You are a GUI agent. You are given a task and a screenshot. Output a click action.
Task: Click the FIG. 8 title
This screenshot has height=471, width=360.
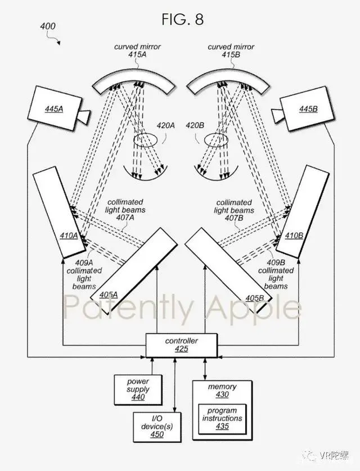pyautogui.click(x=182, y=20)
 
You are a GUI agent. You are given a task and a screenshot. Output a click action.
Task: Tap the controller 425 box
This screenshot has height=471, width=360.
pyautogui.click(x=181, y=345)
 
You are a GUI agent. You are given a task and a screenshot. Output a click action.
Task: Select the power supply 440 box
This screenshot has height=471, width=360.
pyautogui.click(x=138, y=390)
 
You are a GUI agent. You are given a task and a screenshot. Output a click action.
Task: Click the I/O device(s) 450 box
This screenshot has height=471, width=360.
pyautogui.click(x=157, y=427)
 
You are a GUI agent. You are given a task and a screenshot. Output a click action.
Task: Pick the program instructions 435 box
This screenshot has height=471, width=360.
pyautogui.click(x=222, y=418)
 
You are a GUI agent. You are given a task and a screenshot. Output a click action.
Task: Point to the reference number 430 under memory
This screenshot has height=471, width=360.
pyautogui.click(x=222, y=395)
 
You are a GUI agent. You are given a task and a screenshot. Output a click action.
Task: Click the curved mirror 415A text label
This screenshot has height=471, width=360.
pyautogui.click(x=137, y=51)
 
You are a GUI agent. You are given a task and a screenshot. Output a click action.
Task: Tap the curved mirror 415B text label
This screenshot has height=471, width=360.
pyautogui.click(x=231, y=51)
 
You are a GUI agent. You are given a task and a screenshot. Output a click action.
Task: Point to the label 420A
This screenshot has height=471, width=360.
pyautogui.click(x=165, y=125)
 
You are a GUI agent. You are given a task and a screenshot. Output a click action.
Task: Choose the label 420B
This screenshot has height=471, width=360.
pyautogui.click(x=195, y=125)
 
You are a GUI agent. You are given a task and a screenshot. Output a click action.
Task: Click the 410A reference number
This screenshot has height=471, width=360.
pyautogui.click(x=69, y=235)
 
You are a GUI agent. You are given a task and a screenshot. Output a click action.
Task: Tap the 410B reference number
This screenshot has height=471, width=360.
pyautogui.click(x=294, y=235)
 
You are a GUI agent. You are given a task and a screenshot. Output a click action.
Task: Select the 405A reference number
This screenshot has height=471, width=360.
pyautogui.click(x=109, y=295)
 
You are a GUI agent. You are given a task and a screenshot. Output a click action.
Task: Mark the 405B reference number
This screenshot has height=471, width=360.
pyautogui.click(x=254, y=298)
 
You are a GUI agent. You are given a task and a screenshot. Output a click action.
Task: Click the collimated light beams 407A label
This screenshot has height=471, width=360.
pyautogui.click(x=125, y=210)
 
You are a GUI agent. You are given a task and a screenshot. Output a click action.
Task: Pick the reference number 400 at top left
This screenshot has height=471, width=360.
pyautogui.click(x=48, y=26)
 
